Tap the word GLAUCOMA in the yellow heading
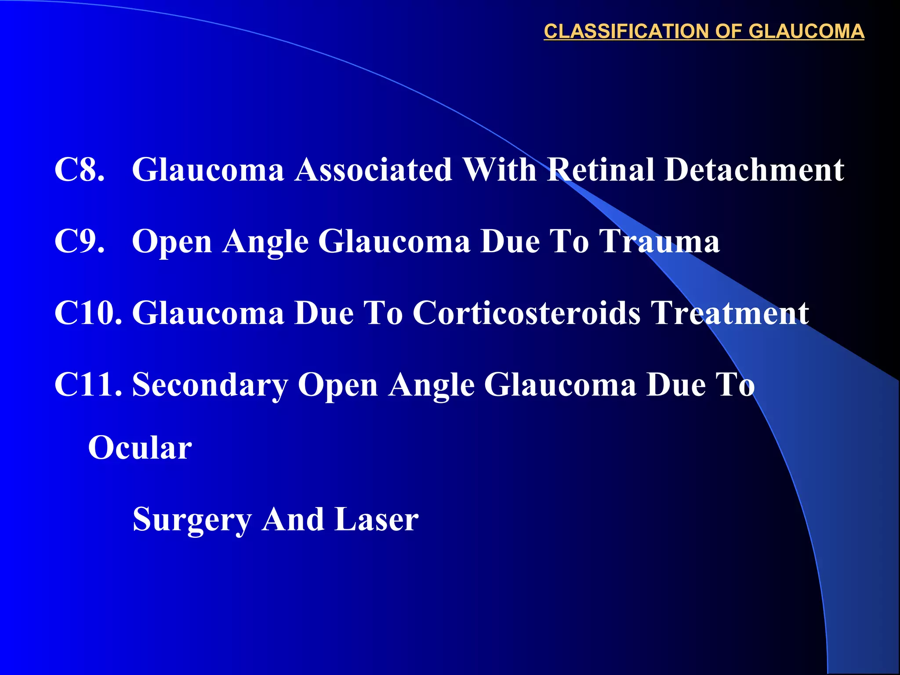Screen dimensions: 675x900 point(806,32)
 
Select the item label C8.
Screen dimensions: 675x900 point(80,170)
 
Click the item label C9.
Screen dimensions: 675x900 point(80,241)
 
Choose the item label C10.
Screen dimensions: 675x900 point(88,313)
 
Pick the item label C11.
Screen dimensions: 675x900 point(88,385)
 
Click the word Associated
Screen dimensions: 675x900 point(374,170)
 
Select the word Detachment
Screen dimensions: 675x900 point(754,170)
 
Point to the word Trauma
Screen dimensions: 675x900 point(660,241)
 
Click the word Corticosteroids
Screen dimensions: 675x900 point(526,313)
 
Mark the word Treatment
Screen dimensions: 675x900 point(729,313)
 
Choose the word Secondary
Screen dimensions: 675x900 point(210,385)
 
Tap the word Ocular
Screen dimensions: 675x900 point(140,448)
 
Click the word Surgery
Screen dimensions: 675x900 point(192,520)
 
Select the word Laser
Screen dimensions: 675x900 point(377,520)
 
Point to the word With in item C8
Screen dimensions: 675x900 point(500,170)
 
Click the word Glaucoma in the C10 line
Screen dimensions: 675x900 point(208,313)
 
